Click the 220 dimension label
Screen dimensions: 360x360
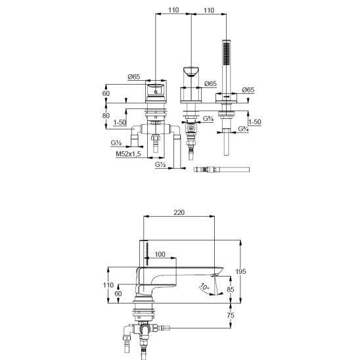tap(179, 212)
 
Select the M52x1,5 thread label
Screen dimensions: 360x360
tap(128, 154)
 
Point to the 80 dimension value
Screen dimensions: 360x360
tap(106, 116)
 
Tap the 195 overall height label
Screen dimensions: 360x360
tap(240, 271)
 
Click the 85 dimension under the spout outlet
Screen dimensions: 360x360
tap(231, 290)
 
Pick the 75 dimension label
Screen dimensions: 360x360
tap(231, 315)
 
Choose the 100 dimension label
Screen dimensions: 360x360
tap(160, 254)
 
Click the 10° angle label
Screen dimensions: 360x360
tap(204, 287)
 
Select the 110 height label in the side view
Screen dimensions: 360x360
tap(108, 285)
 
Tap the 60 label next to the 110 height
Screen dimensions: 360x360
tap(118, 294)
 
